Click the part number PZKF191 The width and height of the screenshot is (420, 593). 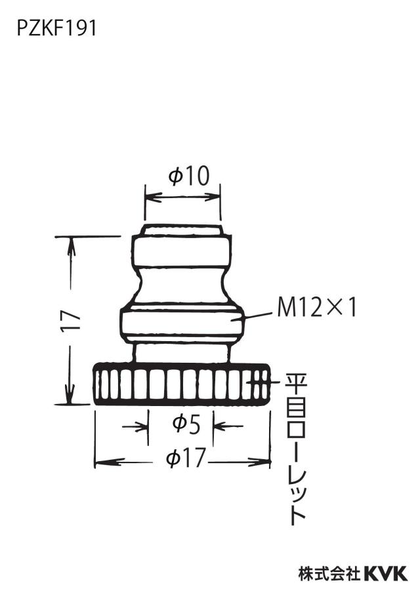56,28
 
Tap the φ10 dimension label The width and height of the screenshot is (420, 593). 189,176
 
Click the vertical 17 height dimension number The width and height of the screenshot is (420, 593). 71,320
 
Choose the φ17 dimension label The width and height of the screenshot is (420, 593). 186,458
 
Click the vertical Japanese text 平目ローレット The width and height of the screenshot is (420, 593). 297,449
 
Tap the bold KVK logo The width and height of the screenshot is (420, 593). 386,573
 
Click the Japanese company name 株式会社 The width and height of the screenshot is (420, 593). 329,573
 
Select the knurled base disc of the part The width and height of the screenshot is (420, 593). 182,384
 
